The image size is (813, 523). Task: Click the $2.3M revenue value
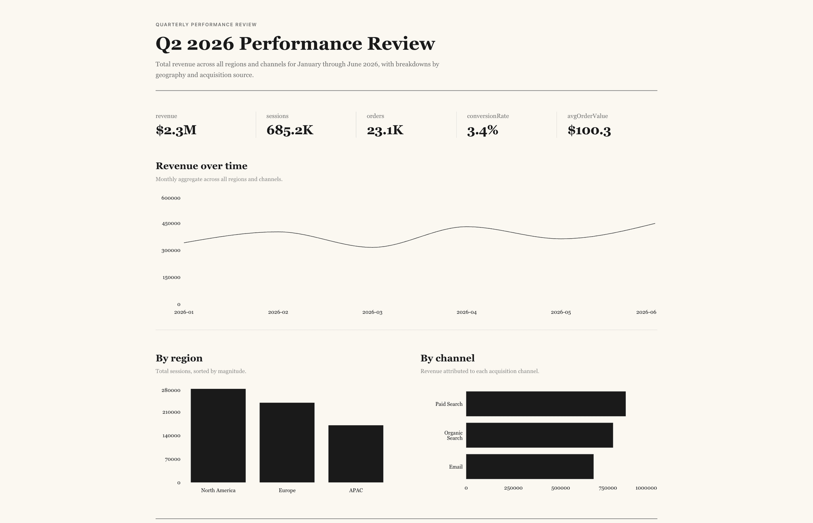176,130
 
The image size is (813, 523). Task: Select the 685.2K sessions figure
290,130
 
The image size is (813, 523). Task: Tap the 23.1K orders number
385,130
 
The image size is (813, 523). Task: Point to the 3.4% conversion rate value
482,130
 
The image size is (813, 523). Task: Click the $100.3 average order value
589,130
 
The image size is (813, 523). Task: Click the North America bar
218,436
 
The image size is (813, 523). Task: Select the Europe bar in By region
287,442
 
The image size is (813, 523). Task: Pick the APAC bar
356,454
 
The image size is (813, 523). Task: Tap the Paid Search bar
545,404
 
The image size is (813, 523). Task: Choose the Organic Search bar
539,435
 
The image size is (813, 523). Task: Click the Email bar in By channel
530,467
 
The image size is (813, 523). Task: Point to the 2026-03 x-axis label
372,313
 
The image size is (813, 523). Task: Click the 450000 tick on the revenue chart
171,224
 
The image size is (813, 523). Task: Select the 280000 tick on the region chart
171,390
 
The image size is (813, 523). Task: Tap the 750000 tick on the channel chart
607,488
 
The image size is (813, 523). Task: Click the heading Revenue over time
201,166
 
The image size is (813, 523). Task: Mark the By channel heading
447,358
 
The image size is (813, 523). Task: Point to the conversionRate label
488,116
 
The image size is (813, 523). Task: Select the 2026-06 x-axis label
646,313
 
